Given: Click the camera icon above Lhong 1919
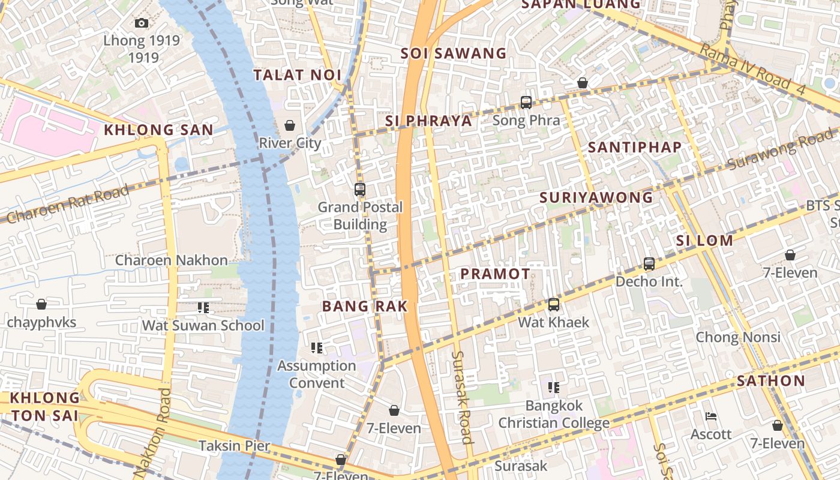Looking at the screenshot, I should [x=142, y=23].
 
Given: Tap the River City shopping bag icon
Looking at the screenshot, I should [x=290, y=125].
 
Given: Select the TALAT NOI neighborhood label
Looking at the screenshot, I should [x=297, y=75].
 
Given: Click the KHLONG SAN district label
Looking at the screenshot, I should [x=158, y=130].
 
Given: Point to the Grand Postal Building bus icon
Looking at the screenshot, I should [x=360, y=190].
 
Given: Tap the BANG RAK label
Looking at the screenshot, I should [x=365, y=306].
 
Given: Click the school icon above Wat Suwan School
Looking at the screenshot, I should [x=203, y=308].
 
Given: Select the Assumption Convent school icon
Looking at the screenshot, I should [x=317, y=348].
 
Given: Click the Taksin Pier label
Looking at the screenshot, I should [x=234, y=446].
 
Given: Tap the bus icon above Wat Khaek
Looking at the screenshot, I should [x=554, y=305].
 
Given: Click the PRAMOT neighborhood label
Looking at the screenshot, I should [x=495, y=274].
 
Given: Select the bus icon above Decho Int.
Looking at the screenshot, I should [x=649, y=264].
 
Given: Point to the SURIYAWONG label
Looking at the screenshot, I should [x=596, y=197].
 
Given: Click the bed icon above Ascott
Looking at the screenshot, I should [x=711, y=416].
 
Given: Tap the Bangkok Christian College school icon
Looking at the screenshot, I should [x=553, y=388].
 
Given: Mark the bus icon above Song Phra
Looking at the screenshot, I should [x=526, y=103].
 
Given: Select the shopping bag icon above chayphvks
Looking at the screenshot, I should [x=41, y=305].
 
